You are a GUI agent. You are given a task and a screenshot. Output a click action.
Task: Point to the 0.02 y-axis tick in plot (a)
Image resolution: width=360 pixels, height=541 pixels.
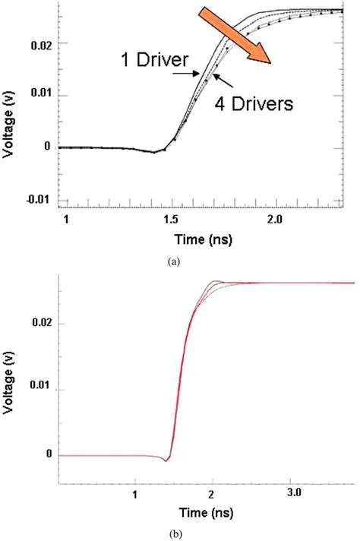pyautogui.click(x=41, y=46)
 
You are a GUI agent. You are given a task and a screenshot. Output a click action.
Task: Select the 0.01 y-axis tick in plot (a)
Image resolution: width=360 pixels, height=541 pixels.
pyautogui.click(x=41, y=96)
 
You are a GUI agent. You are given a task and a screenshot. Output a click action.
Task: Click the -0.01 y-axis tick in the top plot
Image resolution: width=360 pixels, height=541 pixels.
pyautogui.click(x=39, y=200)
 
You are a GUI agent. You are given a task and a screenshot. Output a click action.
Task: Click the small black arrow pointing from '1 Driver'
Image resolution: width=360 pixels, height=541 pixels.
pyautogui.click(x=186, y=74)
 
